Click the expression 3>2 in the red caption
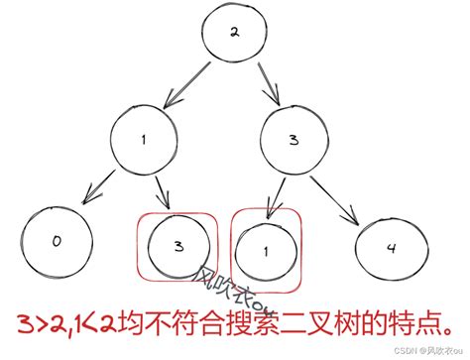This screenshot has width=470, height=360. coord(40,324)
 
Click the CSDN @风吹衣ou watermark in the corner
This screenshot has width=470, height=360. coord(427,351)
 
